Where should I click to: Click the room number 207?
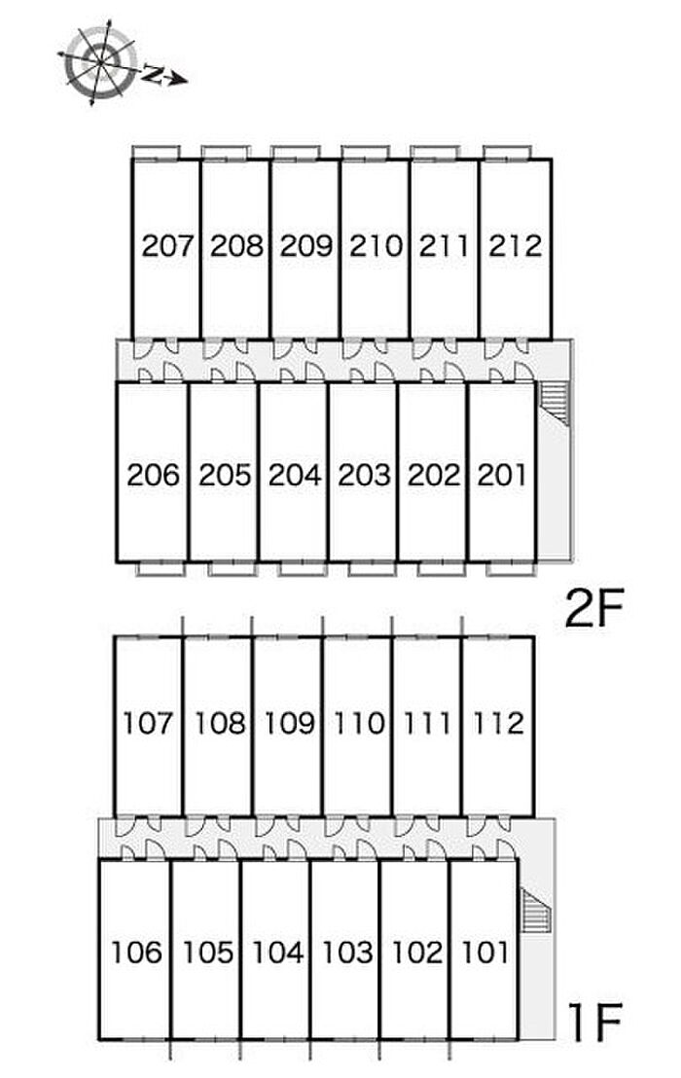click(168, 245)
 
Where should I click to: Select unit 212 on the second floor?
click(516, 245)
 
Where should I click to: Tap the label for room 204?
click(295, 475)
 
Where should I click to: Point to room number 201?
click(502, 475)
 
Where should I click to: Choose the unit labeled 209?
click(306, 245)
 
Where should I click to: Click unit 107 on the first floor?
click(149, 723)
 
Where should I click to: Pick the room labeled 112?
click(498, 723)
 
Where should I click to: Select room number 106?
click(136, 952)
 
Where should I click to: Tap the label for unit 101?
click(484, 952)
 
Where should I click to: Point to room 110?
click(358, 723)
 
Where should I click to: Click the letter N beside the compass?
click(154, 71)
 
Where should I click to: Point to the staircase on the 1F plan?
click(535, 912)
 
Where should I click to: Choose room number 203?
click(364, 475)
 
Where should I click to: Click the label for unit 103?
click(346, 952)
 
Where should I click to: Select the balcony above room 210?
click(365, 152)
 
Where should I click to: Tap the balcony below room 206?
click(160, 568)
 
